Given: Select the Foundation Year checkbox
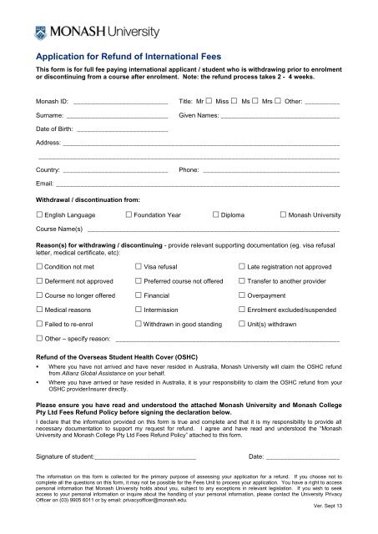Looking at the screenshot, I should (128, 215).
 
